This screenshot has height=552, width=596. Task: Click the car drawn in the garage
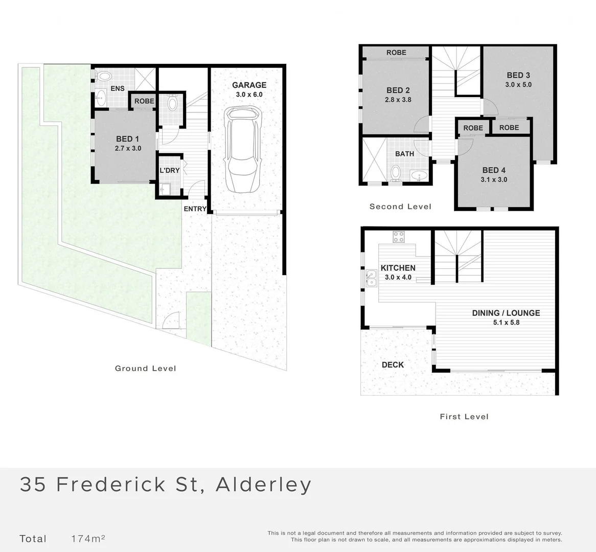click(243, 150)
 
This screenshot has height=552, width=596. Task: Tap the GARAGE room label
click(249, 85)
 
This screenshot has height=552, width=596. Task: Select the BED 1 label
click(128, 139)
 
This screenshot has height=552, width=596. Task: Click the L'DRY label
click(170, 170)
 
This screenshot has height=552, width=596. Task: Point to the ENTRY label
click(195, 209)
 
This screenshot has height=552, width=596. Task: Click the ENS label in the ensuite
click(118, 88)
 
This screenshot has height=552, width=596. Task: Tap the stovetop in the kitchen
click(399, 237)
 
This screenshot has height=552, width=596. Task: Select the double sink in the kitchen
click(371, 278)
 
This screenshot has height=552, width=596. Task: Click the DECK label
click(393, 365)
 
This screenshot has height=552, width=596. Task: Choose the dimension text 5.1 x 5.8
click(507, 323)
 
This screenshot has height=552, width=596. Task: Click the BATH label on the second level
click(404, 154)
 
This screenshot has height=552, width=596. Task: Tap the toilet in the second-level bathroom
click(396, 173)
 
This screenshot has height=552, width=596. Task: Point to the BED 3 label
click(518, 75)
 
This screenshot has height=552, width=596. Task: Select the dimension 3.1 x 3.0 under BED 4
click(494, 180)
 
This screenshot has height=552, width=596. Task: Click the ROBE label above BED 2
click(396, 53)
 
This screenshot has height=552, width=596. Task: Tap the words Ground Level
click(145, 369)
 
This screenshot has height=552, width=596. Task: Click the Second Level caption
click(400, 206)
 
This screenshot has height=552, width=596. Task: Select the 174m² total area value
click(88, 538)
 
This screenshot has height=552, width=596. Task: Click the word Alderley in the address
click(263, 485)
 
